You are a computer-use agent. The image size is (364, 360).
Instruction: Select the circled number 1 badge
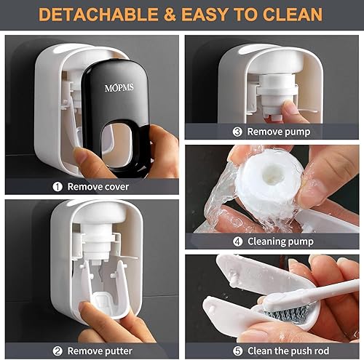57,185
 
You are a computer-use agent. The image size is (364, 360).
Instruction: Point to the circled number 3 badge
237,132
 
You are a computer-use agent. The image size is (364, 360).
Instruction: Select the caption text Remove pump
278,132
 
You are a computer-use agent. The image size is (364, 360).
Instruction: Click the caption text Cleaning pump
280,241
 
